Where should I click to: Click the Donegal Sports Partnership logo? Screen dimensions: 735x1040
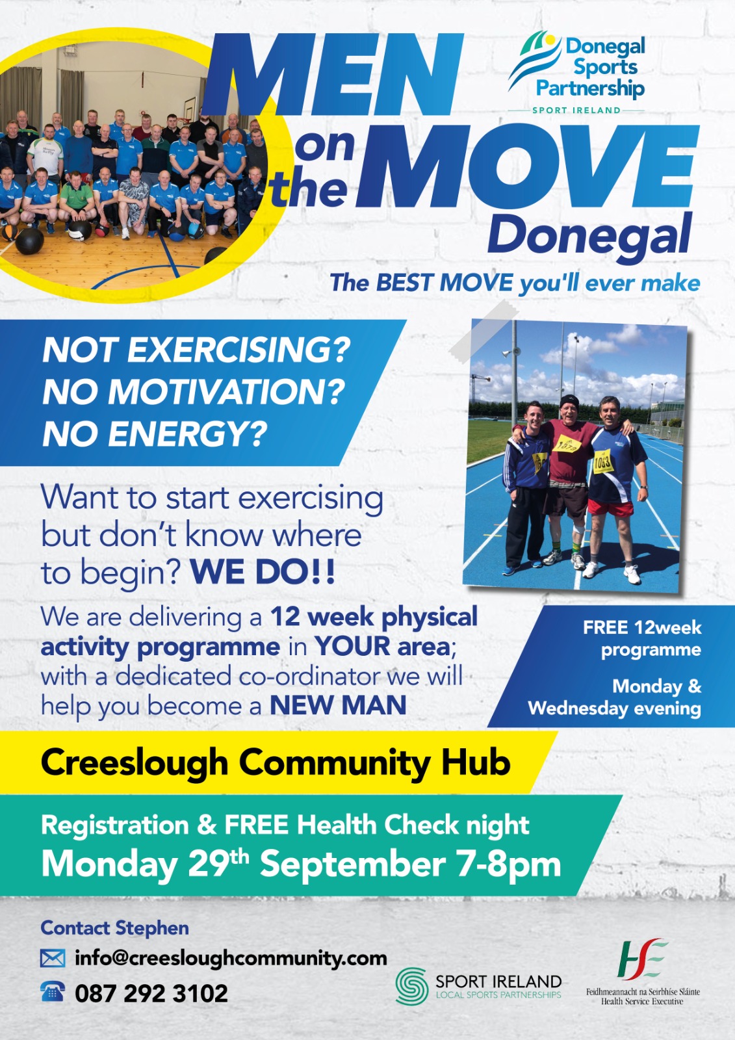pyautogui.click(x=576, y=72)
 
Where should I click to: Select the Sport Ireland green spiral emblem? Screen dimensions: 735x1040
pyautogui.click(x=412, y=985)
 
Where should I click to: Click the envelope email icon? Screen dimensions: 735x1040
pyautogui.click(x=53, y=958)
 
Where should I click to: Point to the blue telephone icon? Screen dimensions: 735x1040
pyautogui.click(x=53, y=992)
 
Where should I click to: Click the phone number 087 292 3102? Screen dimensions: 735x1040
pyautogui.click(x=151, y=993)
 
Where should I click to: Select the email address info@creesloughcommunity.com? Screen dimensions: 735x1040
pyautogui.click(x=231, y=958)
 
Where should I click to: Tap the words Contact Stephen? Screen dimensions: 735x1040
pyautogui.click(x=114, y=928)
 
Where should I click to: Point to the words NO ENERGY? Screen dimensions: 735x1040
pyautogui.click(x=155, y=435)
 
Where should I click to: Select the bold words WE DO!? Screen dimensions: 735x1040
pyautogui.click(x=263, y=572)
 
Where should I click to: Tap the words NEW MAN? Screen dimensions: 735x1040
pyautogui.click(x=338, y=706)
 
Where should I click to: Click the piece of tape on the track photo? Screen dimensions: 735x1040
pyautogui.click(x=484, y=331)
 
